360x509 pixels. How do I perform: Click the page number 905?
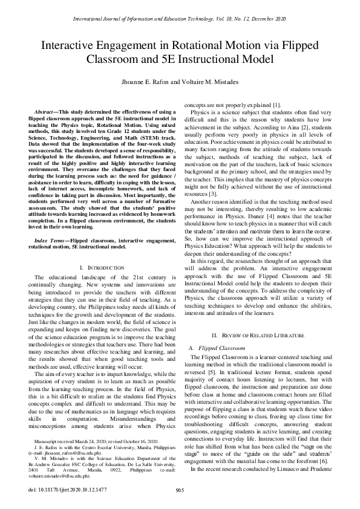click(x=180, y=490)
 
